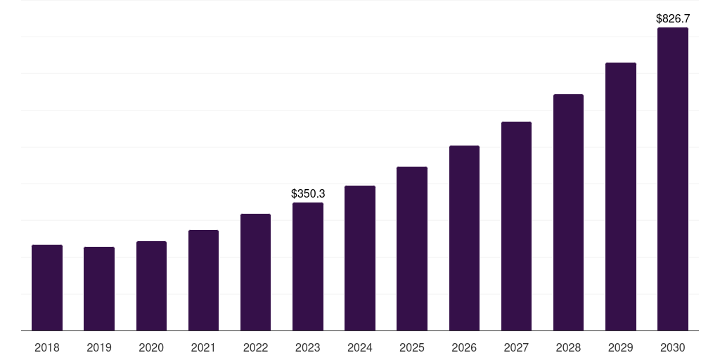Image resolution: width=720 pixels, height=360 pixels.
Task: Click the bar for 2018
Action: [x=47, y=288]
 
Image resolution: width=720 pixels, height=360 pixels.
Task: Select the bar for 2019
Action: [x=99, y=289]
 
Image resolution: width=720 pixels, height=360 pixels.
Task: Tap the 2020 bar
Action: [x=151, y=285]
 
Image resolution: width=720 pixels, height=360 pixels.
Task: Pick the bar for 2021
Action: [x=203, y=280]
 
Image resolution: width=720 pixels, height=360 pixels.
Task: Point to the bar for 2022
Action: [x=255, y=272]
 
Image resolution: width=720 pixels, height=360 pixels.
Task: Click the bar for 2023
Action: [x=308, y=266]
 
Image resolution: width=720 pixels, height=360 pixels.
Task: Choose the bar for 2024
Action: [x=360, y=258]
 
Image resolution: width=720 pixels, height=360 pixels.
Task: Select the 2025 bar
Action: [x=412, y=248]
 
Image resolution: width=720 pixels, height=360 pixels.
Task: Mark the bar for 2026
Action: [x=464, y=238]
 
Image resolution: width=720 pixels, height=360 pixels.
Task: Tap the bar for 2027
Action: [x=516, y=226]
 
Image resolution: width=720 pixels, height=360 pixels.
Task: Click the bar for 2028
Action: [x=568, y=212]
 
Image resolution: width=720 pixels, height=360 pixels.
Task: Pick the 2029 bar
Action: [x=621, y=197]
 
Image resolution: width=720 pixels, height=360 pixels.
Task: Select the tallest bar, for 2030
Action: [x=673, y=179]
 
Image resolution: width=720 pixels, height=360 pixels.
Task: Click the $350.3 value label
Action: [x=308, y=194]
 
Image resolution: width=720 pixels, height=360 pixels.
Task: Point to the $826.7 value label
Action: [x=673, y=19]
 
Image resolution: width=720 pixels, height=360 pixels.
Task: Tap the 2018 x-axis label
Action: [x=47, y=347]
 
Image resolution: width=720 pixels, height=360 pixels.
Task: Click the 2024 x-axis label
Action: [x=360, y=347]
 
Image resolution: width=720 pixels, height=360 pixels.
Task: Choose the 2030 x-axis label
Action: [x=673, y=347]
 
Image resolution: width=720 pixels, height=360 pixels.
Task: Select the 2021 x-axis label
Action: [x=203, y=347]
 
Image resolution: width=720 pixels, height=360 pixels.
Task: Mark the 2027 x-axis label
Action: [x=516, y=347]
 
